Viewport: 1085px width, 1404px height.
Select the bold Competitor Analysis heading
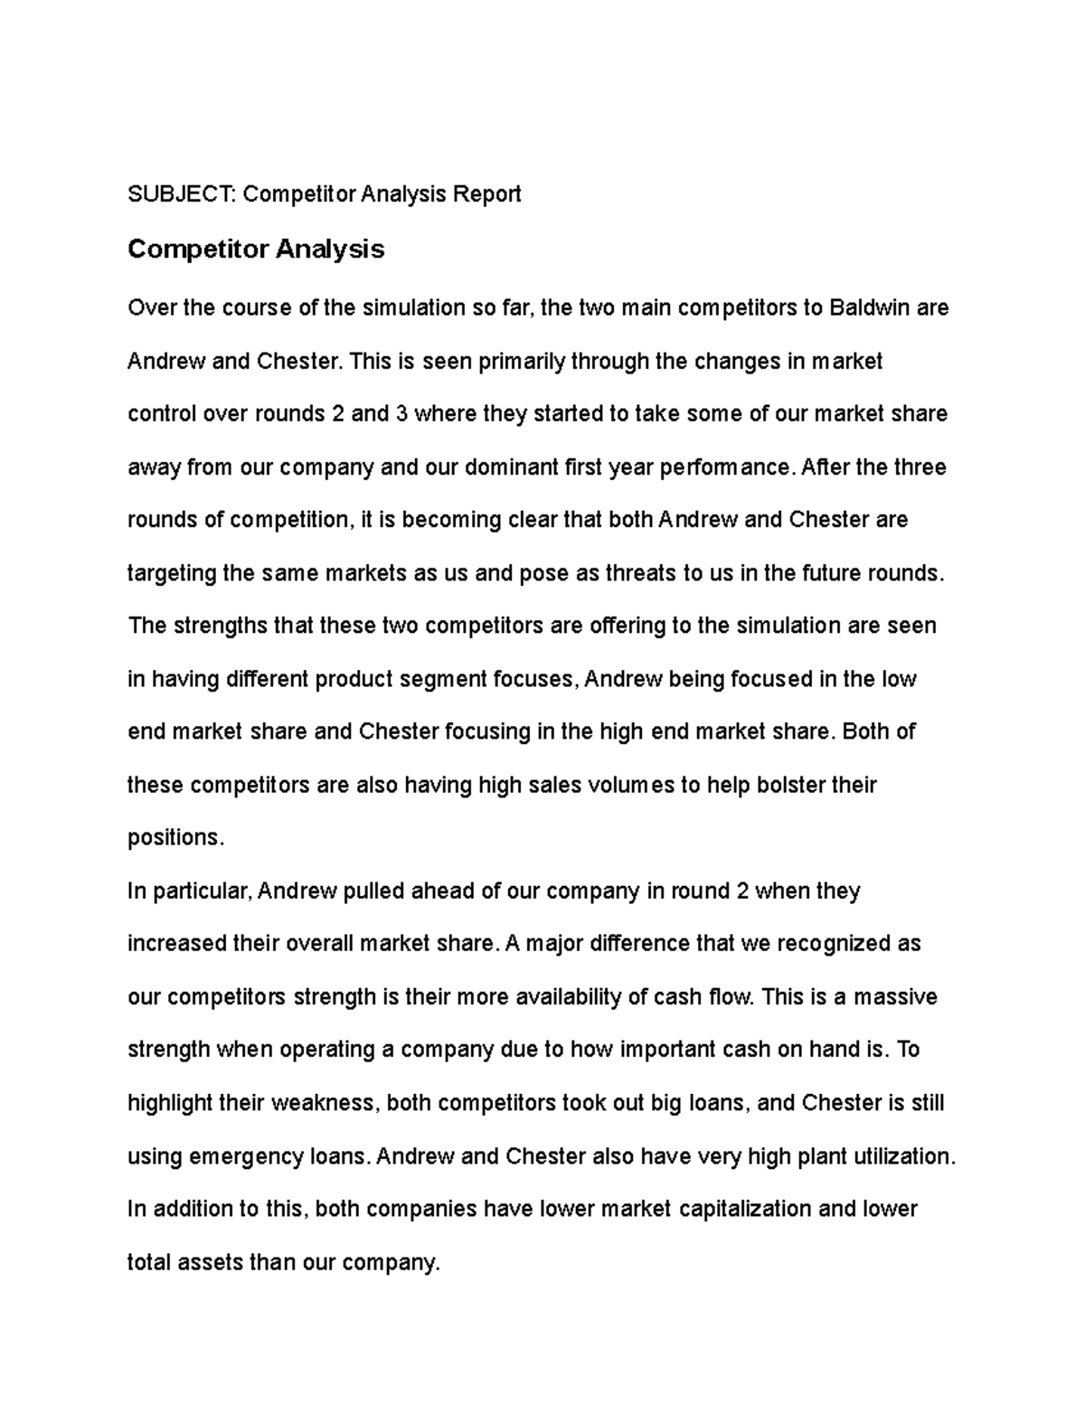(x=256, y=249)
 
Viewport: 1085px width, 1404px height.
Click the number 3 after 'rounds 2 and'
(x=401, y=414)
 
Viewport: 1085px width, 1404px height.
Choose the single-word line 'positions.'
(x=175, y=838)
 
